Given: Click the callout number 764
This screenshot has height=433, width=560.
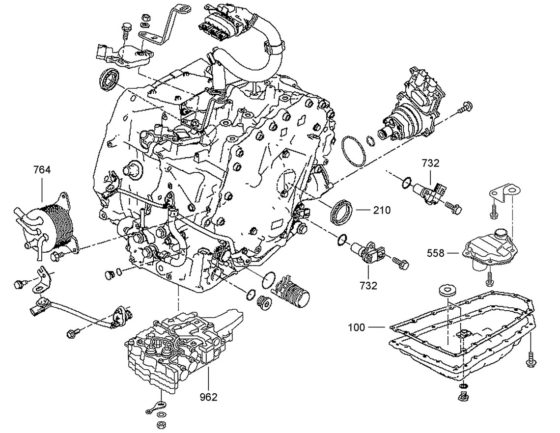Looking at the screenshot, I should point(42,170).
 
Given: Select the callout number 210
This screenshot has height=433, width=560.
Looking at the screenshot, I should point(382,211).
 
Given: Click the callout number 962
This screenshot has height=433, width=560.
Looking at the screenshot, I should point(208,397).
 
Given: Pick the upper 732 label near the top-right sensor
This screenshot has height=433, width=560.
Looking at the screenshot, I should point(430,163).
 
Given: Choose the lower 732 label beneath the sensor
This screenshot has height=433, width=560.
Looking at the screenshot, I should point(368,285).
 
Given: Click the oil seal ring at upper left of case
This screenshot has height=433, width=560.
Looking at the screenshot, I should point(109,80).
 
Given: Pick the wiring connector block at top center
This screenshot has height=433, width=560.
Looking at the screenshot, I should point(215,22).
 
